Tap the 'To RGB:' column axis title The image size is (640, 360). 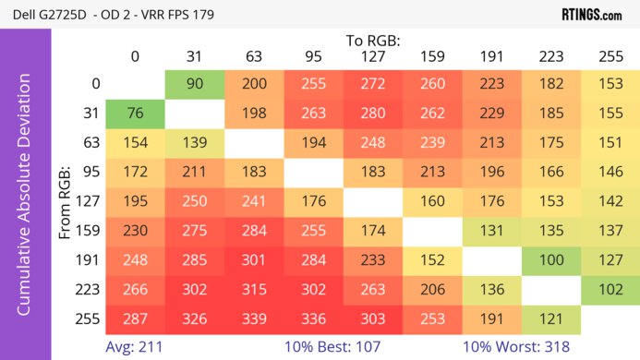[373, 41]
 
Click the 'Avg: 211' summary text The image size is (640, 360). [136, 348]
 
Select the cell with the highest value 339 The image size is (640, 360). [254, 319]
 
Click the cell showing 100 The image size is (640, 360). [551, 261]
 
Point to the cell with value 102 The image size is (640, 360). [610, 290]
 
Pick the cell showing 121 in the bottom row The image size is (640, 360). [551, 319]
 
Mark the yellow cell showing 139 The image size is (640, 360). [195, 144]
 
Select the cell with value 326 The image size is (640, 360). [195, 319]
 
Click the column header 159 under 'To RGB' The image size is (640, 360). [432, 56]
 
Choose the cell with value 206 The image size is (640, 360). [432, 290]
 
